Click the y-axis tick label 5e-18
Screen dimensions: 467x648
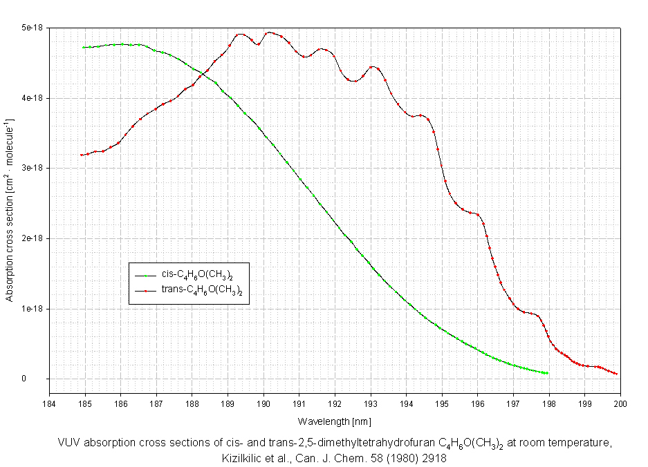tap(33, 28)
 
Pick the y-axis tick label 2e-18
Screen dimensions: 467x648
tap(33, 238)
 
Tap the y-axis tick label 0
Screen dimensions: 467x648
tap(41, 379)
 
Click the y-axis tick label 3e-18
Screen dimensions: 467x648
tap(33, 168)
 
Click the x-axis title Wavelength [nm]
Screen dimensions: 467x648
tap(335, 420)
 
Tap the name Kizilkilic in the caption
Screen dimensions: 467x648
tap(243, 457)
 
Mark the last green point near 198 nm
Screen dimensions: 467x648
tap(547, 373)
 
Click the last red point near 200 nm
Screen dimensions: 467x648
tap(615, 374)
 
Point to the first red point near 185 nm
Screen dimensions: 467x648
tap(82, 155)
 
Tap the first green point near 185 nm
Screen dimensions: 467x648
tap(84, 47)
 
